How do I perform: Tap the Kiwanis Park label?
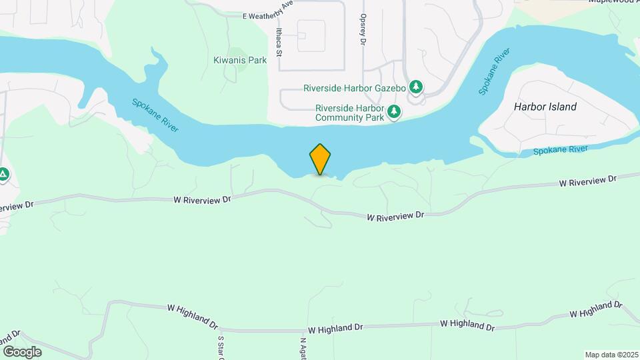(240, 60)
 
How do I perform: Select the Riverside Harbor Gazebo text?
(355, 88)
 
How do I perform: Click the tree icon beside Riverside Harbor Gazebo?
(417, 87)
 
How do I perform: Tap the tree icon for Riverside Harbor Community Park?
(395, 112)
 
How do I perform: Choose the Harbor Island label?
(545, 107)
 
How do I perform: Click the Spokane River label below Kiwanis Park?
(155, 115)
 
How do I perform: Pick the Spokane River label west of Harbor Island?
(495, 71)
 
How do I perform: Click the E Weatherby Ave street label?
(269, 10)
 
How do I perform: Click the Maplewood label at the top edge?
(613, 2)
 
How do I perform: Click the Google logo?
(22, 351)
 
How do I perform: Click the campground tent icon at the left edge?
(3, 175)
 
